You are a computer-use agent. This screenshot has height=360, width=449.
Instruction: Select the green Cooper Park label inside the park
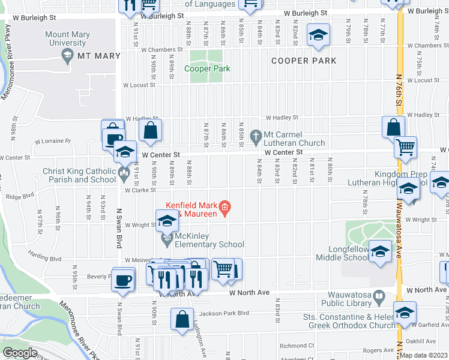[x=206, y=68]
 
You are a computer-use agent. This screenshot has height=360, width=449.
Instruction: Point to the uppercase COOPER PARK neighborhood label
[x=303, y=61]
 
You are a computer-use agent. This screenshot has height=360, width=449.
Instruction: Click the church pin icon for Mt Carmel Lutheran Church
[x=257, y=135]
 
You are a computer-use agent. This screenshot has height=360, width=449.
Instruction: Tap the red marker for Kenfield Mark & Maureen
[x=224, y=209]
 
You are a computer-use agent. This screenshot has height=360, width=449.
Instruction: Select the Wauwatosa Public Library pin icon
[x=379, y=296]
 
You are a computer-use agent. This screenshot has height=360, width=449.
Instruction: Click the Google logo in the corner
[x=20, y=352]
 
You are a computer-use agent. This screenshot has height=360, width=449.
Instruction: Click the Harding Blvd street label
[x=47, y=259]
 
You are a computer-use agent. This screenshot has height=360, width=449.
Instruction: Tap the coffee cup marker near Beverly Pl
[x=123, y=280]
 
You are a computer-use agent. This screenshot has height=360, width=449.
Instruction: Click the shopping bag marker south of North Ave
[x=182, y=320]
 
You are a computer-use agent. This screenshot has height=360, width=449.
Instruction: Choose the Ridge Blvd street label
[x=20, y=196]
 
